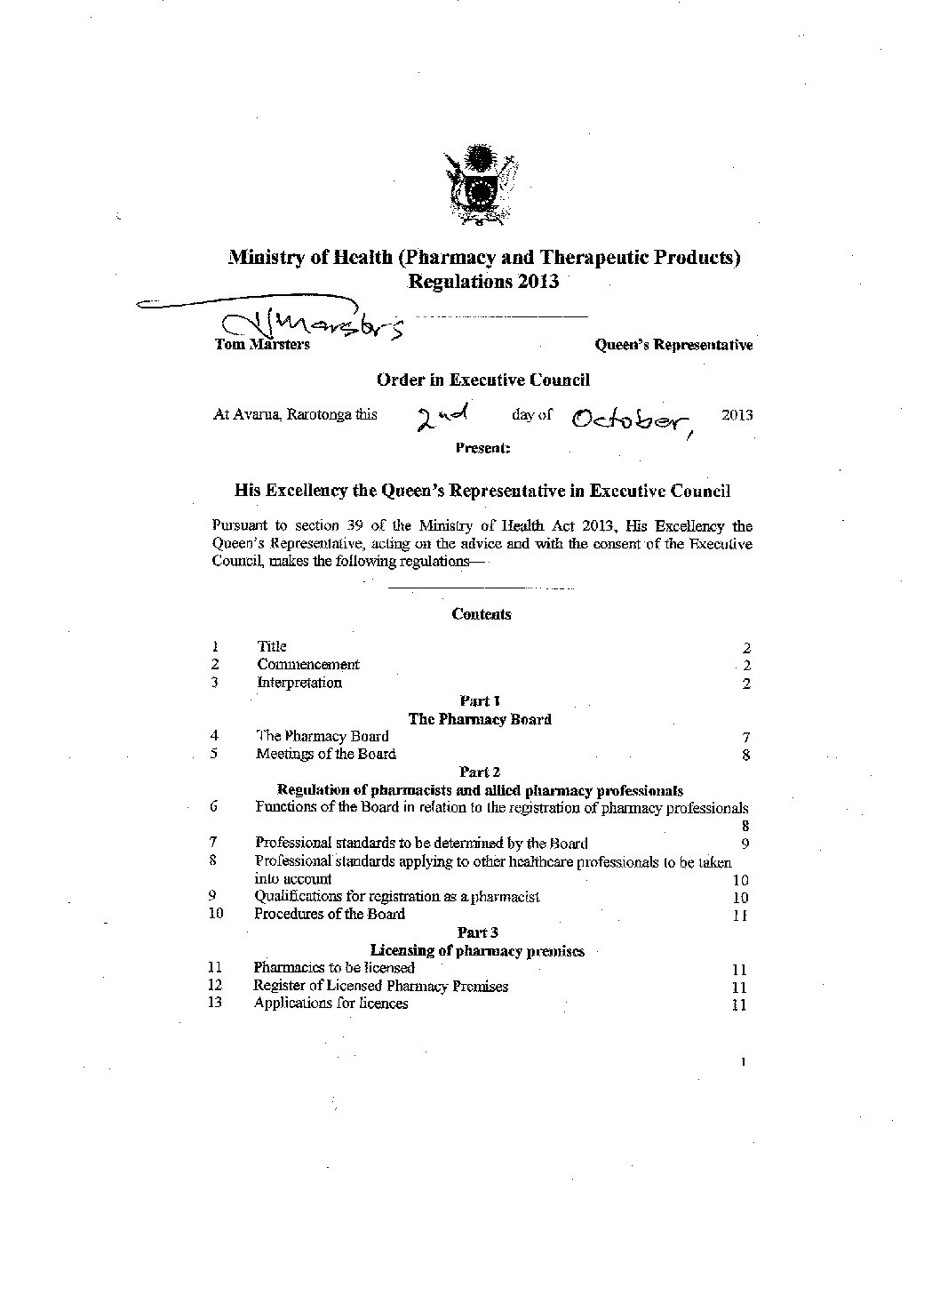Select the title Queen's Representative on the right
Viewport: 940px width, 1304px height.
673,345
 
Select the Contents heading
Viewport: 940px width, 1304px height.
482,614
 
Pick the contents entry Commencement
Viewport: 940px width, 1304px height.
308,664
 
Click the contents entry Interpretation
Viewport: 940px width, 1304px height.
299,683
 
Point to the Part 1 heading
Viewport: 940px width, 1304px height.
480,701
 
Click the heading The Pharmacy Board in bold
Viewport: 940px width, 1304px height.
480,719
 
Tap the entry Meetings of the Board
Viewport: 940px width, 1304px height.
326,755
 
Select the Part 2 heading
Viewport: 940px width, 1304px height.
480,772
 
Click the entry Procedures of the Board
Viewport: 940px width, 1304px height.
330,914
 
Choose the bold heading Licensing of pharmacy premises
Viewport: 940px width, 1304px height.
477,951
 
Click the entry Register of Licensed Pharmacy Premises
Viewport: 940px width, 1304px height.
381,986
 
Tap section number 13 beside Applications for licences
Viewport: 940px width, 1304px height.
214,1004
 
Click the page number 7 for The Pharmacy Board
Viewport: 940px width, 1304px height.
746,738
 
